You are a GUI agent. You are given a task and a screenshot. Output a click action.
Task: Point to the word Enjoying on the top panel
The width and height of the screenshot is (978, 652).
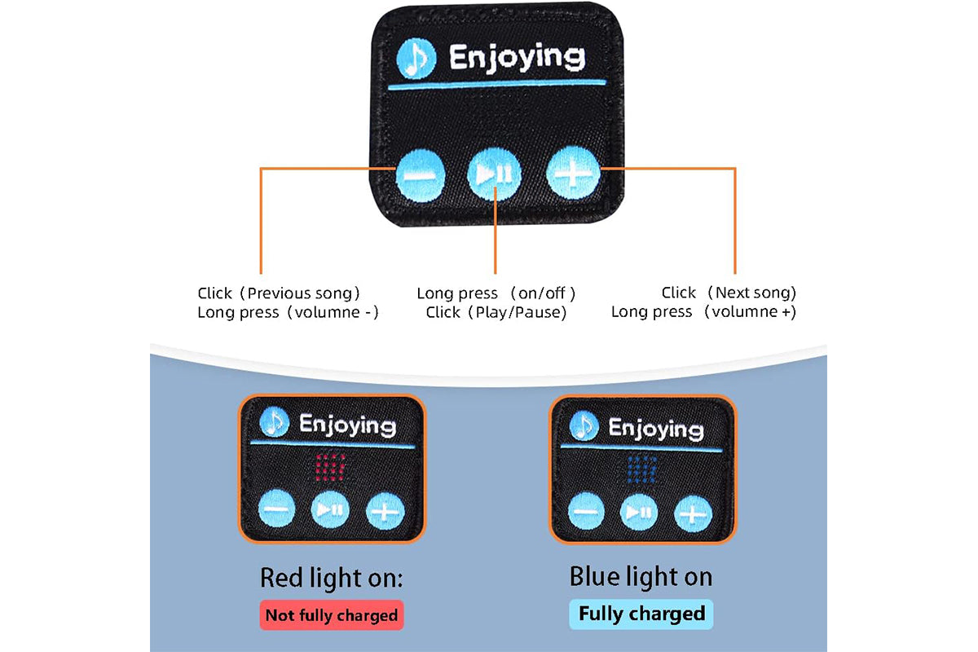(517, 57)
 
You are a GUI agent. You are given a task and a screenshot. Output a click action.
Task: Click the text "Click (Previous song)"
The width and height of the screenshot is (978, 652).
(279, 293)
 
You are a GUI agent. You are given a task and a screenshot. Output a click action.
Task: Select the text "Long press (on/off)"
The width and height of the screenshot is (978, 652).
(496, 293)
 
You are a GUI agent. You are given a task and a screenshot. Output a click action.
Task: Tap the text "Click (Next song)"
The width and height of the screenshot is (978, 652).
(729, 293)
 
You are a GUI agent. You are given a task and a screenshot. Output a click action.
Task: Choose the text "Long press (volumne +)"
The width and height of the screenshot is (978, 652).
(703, 311)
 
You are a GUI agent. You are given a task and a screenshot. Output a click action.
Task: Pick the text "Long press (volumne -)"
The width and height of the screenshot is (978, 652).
(288, 311)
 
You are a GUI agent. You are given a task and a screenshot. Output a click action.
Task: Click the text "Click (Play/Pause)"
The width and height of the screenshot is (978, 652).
(496, 311)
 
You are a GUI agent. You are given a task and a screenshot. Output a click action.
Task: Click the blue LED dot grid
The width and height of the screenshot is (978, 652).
(642, 467)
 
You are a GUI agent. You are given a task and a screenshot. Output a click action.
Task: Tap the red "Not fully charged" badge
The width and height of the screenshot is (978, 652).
(333, 615)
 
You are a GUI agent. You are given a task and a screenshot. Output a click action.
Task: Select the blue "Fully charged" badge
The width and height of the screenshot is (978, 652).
(641, 614)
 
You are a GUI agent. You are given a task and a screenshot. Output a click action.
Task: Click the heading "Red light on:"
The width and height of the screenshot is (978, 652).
(332, 579)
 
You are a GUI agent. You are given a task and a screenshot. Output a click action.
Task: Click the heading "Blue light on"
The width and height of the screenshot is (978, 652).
(641, 577)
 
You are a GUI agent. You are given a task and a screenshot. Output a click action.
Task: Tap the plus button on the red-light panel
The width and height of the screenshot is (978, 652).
(385, 511)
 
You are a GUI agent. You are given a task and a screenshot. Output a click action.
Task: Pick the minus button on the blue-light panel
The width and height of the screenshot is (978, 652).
(587, 513)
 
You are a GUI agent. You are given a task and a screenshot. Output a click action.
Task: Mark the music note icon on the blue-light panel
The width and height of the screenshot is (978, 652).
(584, 425)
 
